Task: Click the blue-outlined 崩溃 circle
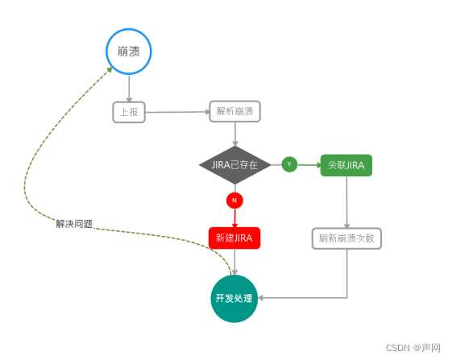click(x=129, y=52)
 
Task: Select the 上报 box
click(x=129, y=112)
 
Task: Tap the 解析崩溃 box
click(x=235, y=112)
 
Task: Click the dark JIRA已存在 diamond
click(x=234, y=164)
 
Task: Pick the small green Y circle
click(x=290, y=164)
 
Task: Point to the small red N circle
click(x=234, y=199)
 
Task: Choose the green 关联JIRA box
click(x=346, y=164)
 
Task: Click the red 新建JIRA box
click(x=234, y=238)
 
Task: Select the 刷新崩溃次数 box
click(x=347, y=238)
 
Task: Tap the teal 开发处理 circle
click(x=234, y=297)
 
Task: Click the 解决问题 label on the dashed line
click(x=74, y=223)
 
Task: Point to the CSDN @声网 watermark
click(x=413, y=348)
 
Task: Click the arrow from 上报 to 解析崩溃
click(x=177, y=112)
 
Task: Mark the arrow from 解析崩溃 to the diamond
click(x=234, y=134)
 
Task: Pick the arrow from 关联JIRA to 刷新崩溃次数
click(x=347, y=201)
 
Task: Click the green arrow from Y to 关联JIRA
click(x=309, y=164)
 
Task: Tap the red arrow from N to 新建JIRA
click(x=234, y=217)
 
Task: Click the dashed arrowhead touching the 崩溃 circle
click(x=109, y=71)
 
